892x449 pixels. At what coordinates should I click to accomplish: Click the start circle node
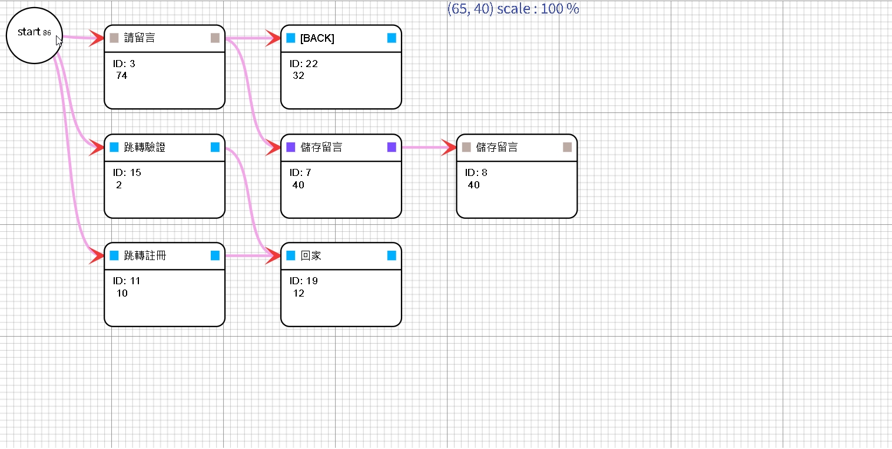(x=34, y=35)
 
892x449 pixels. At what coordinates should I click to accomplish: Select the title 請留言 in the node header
(x=140, y=38)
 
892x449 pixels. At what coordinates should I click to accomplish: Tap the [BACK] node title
(x=317, y=38)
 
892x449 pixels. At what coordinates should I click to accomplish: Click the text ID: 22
(x=304, y=64)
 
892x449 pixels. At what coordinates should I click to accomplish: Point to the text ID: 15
(x=127, y=172)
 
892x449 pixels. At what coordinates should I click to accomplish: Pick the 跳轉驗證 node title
(x=145, y=147)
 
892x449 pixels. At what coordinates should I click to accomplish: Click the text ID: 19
(x=304, y=281)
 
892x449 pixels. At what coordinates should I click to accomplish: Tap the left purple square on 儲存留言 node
(x=291, y=147)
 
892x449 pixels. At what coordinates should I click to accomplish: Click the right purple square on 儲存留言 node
(x=392, y=147)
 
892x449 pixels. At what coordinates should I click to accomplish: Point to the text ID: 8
(x=476, y=172)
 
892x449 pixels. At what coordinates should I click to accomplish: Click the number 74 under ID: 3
(x=122, y=75)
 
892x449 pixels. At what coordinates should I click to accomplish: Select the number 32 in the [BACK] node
(x=299, y=75)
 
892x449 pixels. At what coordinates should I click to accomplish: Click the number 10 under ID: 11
(x=122, y=293)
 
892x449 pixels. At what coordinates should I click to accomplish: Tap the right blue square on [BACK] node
(x=392, y=38)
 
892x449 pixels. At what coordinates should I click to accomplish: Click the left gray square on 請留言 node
(x=114, y=38)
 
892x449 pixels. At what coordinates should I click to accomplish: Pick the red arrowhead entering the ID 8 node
(x=449, y=147)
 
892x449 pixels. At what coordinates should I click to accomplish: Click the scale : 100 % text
(x=538, y=9)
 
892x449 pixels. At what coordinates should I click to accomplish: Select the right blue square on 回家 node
(x=392, y=255)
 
